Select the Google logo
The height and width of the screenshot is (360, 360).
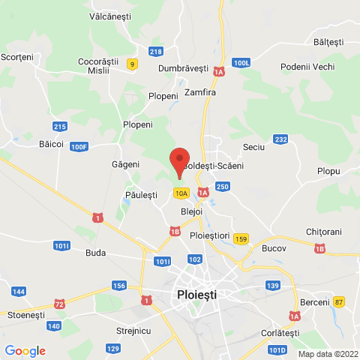[x=25, y=350]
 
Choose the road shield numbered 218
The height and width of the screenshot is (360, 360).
[x=155, y=51]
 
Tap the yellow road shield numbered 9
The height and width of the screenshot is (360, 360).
[x=133, y=64]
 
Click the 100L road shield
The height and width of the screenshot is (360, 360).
[x=241, y=63]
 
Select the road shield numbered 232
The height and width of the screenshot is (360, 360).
[x=280, y=139]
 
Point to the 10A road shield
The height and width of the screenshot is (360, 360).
[x=181, y=193]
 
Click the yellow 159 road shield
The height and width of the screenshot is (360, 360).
[x=241, y=239]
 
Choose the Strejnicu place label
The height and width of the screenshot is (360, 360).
[x=135, y=330]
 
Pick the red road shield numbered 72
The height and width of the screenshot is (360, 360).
[x=59, y=304]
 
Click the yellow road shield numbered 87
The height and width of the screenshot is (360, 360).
[x=339, y=301]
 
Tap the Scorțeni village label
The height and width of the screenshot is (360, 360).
[x=17, y=57]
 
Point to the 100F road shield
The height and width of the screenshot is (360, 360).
[x=79, y=145]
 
